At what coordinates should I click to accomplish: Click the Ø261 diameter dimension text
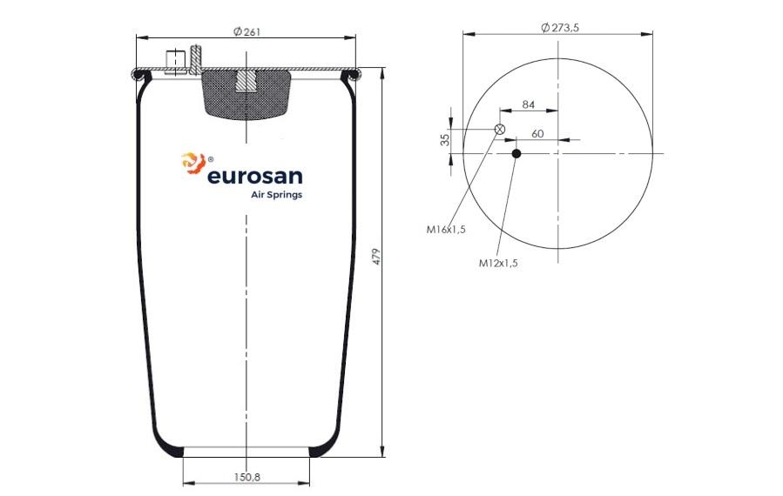[246, 32]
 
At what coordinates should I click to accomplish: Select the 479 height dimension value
[377, 257]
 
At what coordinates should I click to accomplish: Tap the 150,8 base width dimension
[247, 477]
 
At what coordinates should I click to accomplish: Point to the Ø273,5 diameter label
[560, 28]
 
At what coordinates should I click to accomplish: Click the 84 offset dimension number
[529, 104]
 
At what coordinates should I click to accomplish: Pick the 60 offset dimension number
[537, 134]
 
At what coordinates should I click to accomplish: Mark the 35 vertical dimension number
[445, 139]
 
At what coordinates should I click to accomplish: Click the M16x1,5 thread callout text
[446, 230]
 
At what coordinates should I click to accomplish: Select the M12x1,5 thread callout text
[498, 263]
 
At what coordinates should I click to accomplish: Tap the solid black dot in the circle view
[516, 154]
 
